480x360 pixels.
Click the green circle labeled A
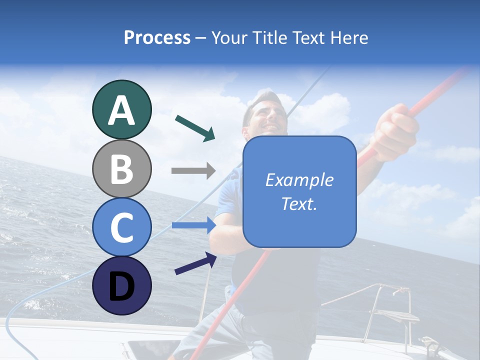pos(121,109)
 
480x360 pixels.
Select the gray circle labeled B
pos(121,168)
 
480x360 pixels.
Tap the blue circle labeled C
pos(121,227)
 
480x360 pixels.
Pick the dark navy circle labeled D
pos(121,285)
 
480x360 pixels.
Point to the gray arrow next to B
pos(193,171)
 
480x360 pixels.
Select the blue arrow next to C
pos(193,225)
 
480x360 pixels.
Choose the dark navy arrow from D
pos(195,263)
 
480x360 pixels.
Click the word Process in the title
pos(157,37)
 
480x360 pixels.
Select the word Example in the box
pos(299,180)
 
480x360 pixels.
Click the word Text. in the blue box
pos(299,204)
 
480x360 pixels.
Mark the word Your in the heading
pos(227,37)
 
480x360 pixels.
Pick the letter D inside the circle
pos(121,286)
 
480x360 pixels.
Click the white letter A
pos(121,110)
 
